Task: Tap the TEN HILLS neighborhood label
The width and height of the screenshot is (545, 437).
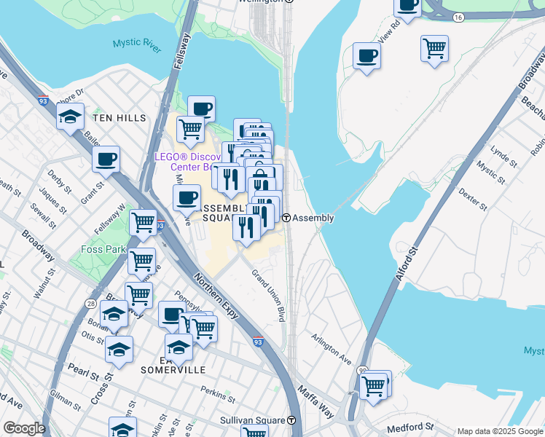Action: pos(119,118)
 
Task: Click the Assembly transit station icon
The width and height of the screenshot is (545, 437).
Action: pos(287,218)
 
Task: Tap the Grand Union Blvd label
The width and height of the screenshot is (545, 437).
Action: pos(268,296)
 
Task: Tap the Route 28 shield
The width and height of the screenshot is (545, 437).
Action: pos(91,302)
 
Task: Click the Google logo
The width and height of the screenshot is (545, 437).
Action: pos(23,428)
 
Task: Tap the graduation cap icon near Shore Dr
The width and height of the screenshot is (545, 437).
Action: pos(70,117)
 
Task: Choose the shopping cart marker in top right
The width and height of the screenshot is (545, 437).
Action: pos(434,49)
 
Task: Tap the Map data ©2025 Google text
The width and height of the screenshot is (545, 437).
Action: pos(500,431)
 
